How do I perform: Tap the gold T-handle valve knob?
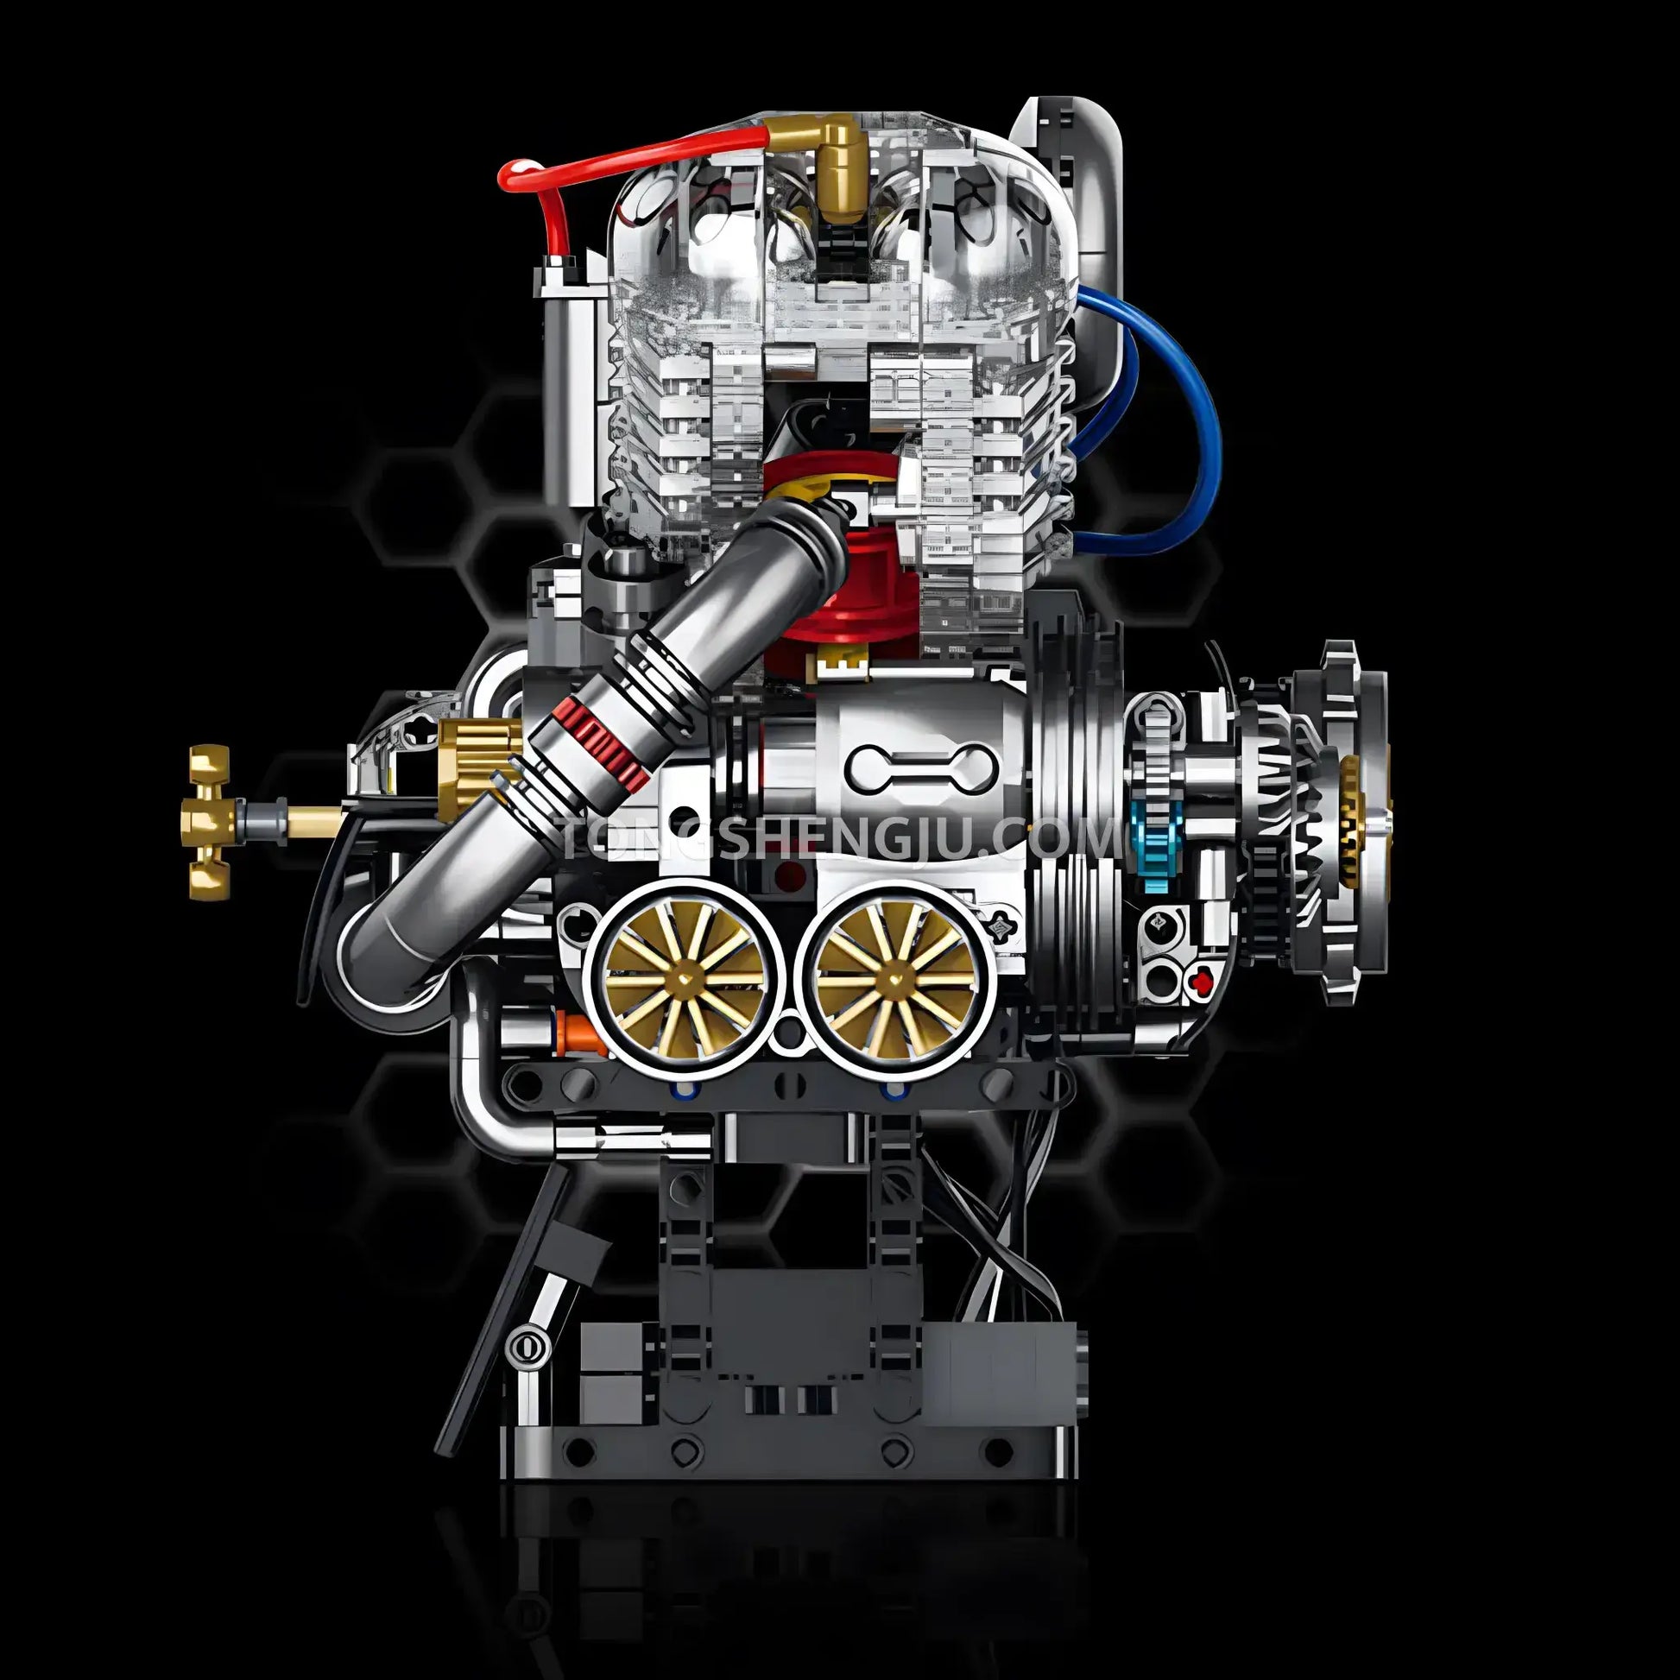click(209, 820)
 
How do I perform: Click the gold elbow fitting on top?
click(831, 165)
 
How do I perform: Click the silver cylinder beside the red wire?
click(570, 365)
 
